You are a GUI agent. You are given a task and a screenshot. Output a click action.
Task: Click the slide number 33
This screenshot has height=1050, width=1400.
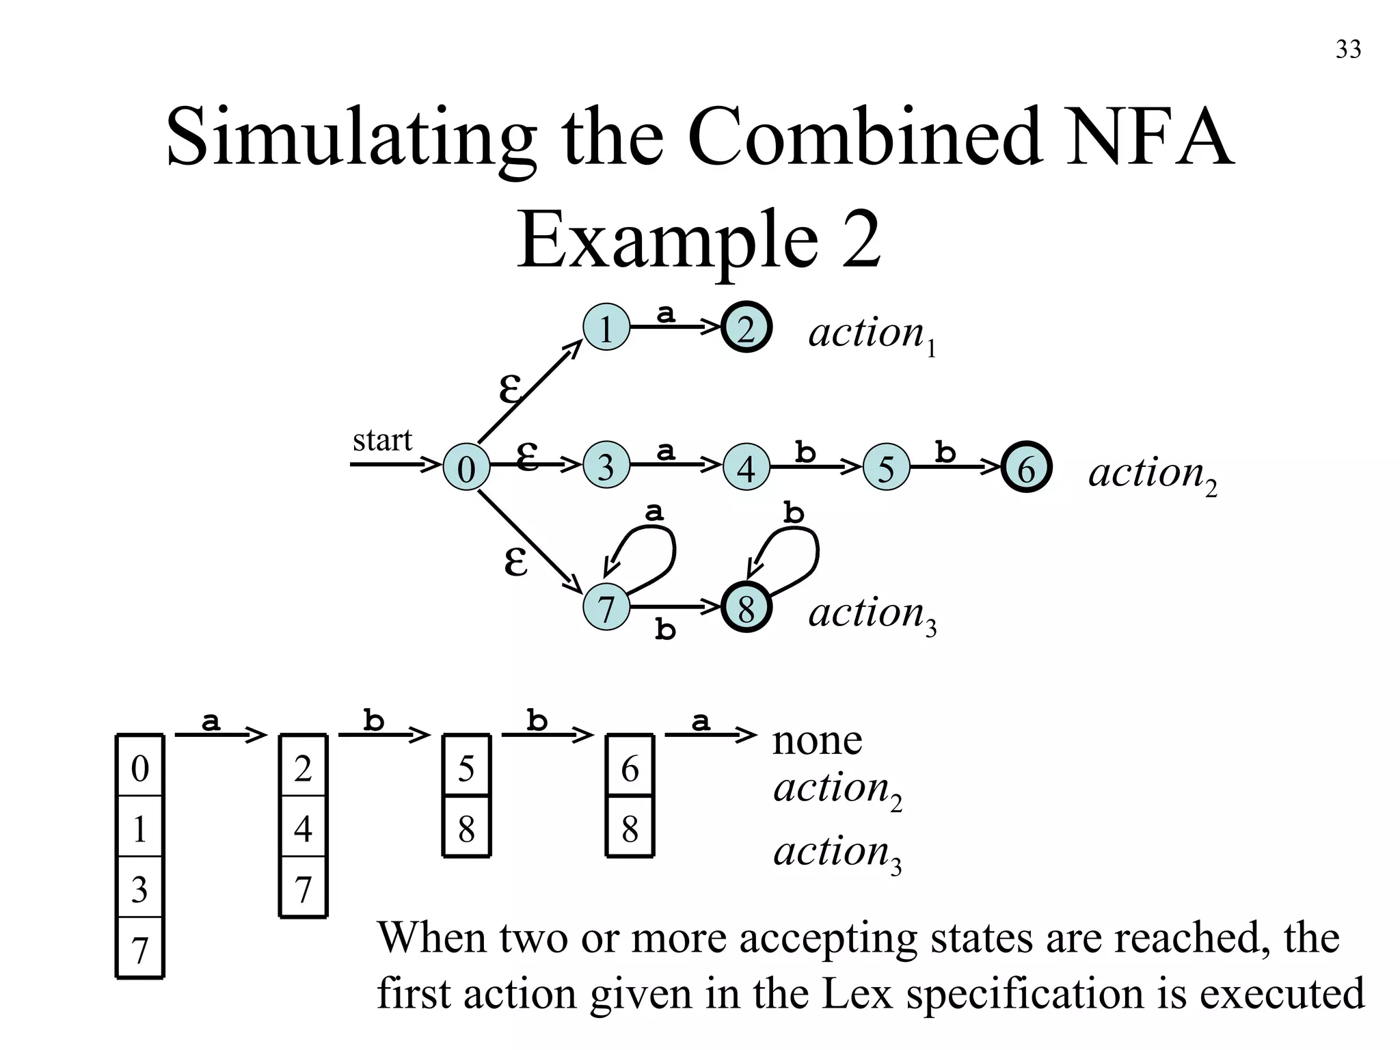pyautogui.click(x=1348, y=50)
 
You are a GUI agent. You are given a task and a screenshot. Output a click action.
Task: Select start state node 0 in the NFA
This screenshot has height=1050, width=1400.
pyautogui.click(x=466, y=468)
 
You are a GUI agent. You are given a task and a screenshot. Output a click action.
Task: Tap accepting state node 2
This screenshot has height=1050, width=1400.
pyautogui.click(x=746, y=328)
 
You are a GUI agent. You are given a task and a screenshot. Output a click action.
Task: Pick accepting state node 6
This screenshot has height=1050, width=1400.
pyautogui.click(x=1026, y=468)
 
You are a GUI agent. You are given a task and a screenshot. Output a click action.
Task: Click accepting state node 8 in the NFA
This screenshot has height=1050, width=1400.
pyautogui.click(x=746, y=608)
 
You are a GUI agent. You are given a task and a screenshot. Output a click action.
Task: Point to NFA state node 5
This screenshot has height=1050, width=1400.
pyautogui.click(x=886, y=468)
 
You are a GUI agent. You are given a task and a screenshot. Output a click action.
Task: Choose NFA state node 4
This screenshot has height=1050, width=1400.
pyautogui.click(x=746, y=468)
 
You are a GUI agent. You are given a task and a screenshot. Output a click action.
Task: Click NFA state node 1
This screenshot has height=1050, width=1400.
pyautogui.click(x=606, y=328)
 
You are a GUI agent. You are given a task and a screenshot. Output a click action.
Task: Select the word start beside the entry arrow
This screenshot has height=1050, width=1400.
pyautogui.click(x=382, y=440)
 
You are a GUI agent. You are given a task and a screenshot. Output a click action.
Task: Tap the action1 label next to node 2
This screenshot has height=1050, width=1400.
pyautogui.click(x=872, y=335)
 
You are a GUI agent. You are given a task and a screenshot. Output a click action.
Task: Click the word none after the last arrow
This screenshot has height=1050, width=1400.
pyautogui.click(x=817, y=740)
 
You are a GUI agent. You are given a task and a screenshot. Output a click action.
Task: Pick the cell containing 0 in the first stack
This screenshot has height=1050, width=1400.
pyautogui.click(x=139, y=768)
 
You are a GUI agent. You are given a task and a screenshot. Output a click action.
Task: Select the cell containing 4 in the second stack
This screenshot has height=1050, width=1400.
pyautogui.click(x=303, y=828)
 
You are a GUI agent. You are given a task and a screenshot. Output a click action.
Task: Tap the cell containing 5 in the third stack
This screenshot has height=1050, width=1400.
pyautogui.click(x=466, y=768)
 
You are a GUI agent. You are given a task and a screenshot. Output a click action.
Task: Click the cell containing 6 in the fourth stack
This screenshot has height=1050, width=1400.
pyautogui.click(x=630, y=768)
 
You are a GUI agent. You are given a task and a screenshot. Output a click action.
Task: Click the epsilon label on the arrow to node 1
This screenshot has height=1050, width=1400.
pyautogui.click(x=509, y=390)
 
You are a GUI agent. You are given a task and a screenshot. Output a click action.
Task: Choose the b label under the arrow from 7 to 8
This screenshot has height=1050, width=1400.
pyautogui.click(x=665, y=630)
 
